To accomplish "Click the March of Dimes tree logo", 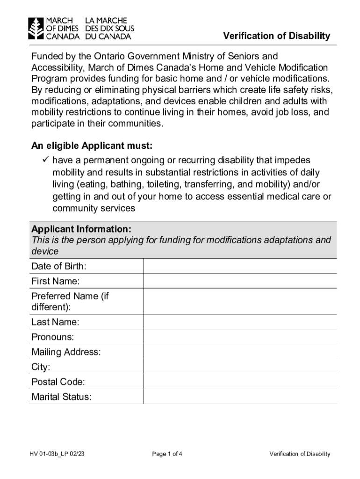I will pyautogui.click(x=35, y=29).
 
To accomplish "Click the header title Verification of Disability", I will pyautogui.click(x=276, y=36).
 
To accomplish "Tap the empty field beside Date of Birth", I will pyautogui.click(x=239, y=266).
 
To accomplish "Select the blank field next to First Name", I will pyautogui.click(x=239, y=281).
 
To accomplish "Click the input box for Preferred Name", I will pyautogui.click(x=239, y=301).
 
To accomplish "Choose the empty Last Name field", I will pyautogui.click(x=239, y=322).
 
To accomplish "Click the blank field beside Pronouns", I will pyautogui.click(x=239, y=337).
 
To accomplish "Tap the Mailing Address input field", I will pyautogui.click(x=239, y=352).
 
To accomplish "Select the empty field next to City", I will pyautogui.click(x=239, y=367).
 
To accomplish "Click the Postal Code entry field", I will pyautogui.click(x=239, y=382).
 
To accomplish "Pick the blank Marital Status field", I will pyautogui.click(x=239, y=397).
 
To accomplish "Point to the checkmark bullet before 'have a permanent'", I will pyautogui.click(x=45, y=160).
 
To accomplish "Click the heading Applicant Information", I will pyautogui.click(x=81, y=229).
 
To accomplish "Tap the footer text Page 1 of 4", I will pyautogui.click(x=167, y=454).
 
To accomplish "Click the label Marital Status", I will pyautogui.click(x=61, y=397).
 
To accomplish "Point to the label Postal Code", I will pyautogui.click(x=58, y=382).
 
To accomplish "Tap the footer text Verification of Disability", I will pyautogui.click(x=300, y=454).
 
